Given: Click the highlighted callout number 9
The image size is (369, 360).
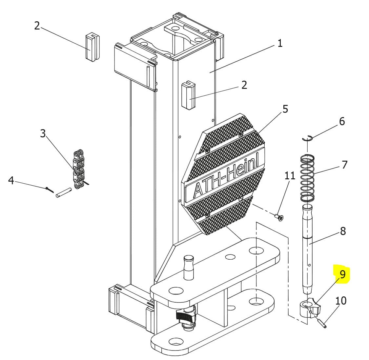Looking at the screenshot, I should pyautogui.click(x=342, y=274).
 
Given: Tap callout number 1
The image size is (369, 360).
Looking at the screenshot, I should pyautogui.click(x=280, y=43).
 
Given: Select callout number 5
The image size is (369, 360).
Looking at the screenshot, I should pyautogui.click(x=285, y=109).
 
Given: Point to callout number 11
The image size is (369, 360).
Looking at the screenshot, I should pyautogui.click(x=290, y=176).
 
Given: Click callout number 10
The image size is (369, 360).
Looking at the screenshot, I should pyautogui.click(x=341, y=300).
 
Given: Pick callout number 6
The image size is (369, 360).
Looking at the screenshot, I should pyautogui.click(x=342, y=121).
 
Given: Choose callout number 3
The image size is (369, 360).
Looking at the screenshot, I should pyautogui.click(x=43, y=133).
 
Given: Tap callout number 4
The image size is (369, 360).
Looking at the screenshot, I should pyautogui.click(x=11, y=180).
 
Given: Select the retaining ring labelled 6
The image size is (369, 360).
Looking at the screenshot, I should pyautogui.click(x=307, y=138).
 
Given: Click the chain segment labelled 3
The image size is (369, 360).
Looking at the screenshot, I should pyautogui.click(x=78, y=170).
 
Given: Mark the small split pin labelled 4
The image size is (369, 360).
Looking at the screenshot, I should pyautogui.click(x=50, y=190).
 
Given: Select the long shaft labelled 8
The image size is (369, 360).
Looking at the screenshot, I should pyautogui.click(x=307, y=249).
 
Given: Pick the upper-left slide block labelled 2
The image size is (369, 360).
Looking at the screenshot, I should pyautogui.click(x=92, y=47).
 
